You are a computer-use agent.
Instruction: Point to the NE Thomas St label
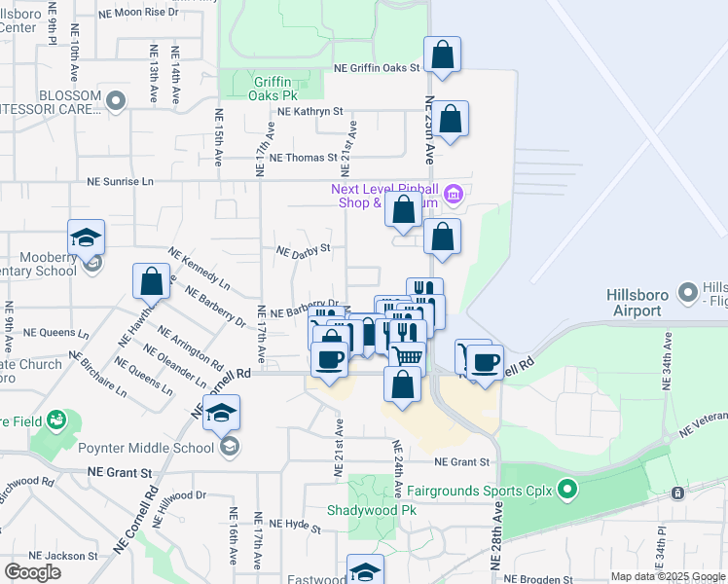coord(303,157)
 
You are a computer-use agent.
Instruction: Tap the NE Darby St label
coord(304,249)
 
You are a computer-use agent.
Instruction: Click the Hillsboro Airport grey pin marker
coord(688,292)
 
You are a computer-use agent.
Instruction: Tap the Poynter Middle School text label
coord(156,448)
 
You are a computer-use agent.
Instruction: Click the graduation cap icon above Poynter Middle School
coord(222,413)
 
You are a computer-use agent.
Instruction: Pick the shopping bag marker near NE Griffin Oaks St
coord(443,55)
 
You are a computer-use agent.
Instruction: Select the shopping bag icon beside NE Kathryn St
coord(451,120)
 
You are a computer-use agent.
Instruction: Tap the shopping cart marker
coord(408,356)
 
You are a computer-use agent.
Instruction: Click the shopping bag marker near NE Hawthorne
coord(152,281)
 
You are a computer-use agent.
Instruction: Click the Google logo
coord(33,572)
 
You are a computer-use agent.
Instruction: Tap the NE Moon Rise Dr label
coord(153,12)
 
